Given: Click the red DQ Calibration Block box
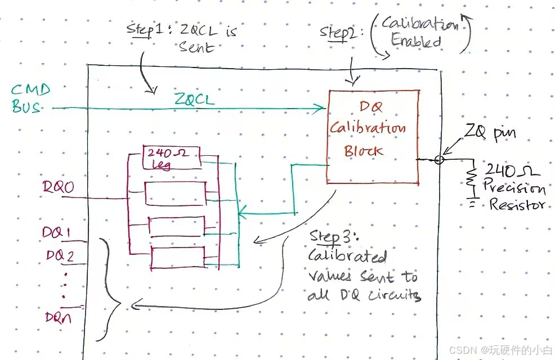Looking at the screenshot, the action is click(x=373, y=136).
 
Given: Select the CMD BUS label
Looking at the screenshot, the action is click(x=30, y=98).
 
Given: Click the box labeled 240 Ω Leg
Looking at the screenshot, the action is click(x=172, y=158).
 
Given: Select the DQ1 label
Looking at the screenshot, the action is click(x=58, y=233).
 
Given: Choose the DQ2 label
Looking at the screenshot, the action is click(x=60, y=255).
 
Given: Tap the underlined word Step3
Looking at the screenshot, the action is click(x=325, y=237).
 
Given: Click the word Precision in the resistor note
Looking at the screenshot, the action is click(x=515, y=188).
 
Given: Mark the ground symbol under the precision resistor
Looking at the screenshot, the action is click(x=472, y=202).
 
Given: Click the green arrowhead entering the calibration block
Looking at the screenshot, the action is click(x=321, y=107).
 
